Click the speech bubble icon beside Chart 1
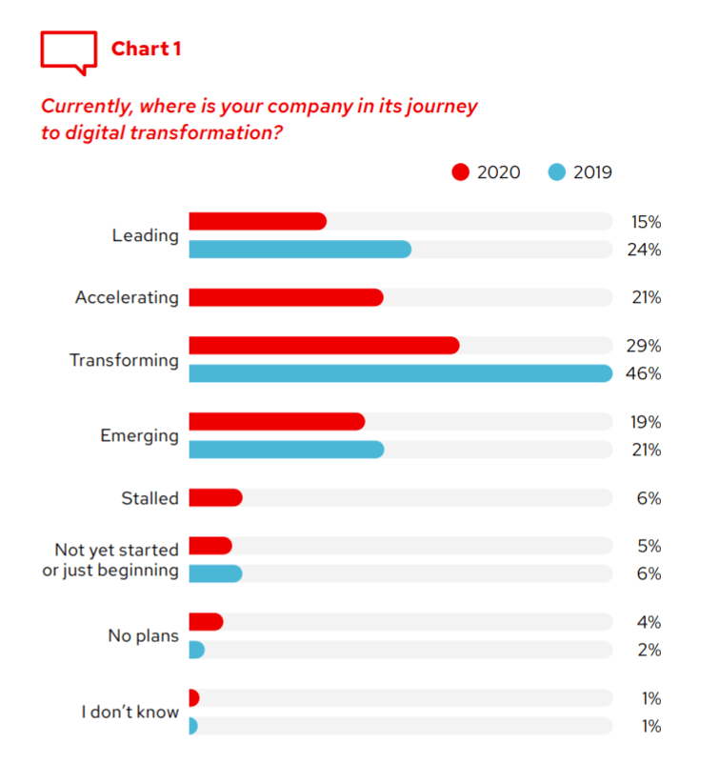[69, 50]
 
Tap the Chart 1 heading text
[146, 49]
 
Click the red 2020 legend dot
[462, 172]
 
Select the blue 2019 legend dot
[557, 172]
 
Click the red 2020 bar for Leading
[257, 221]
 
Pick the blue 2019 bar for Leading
[300, 250]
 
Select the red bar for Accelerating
[286, 297]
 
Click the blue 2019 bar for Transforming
[400, 373]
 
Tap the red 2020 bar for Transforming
[324, 345]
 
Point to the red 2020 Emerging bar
[276, 421]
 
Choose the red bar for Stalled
[215, 497]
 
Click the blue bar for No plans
[196, 650]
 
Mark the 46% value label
[645, 373]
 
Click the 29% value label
[645, 345]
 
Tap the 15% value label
[645, 222]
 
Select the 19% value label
[645, 422]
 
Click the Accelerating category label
[127, 297]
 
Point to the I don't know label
[130, 712]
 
